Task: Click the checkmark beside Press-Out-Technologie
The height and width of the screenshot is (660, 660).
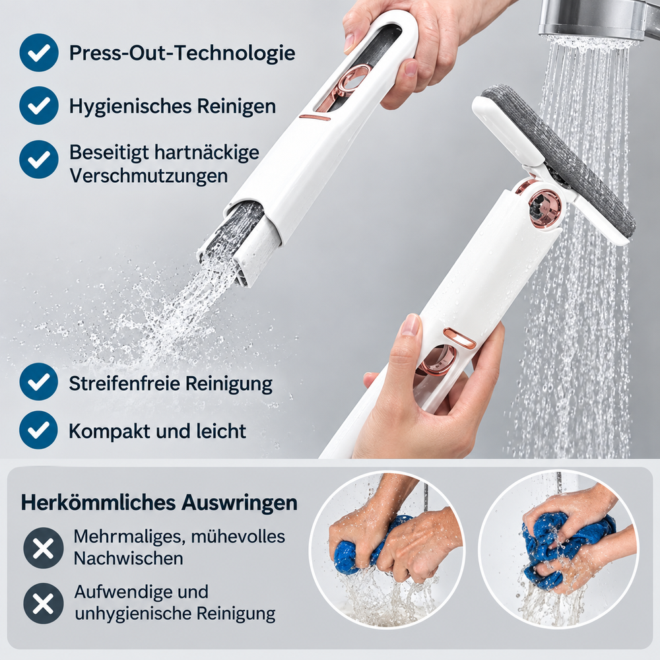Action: point(39,53)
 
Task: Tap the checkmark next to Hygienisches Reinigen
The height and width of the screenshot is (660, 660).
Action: point(39,106)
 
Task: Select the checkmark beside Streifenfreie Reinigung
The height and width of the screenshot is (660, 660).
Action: point(39,381)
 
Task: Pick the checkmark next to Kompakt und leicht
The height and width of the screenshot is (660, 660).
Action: point(39,430)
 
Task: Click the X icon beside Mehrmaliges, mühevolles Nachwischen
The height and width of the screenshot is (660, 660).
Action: point(44,548)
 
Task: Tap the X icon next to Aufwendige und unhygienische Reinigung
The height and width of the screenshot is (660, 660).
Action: point(44,603)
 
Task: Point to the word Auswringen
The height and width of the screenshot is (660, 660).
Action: point(239,503)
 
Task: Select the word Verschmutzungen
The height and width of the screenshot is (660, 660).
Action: point(148,176)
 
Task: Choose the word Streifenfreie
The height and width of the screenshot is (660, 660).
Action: point(124,383)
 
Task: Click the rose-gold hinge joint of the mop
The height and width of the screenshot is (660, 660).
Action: point(545,209)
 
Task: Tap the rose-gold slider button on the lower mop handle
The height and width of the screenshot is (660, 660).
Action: point(460,339)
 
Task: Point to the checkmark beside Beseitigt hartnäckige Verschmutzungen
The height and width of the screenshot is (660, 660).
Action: point(39,160)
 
